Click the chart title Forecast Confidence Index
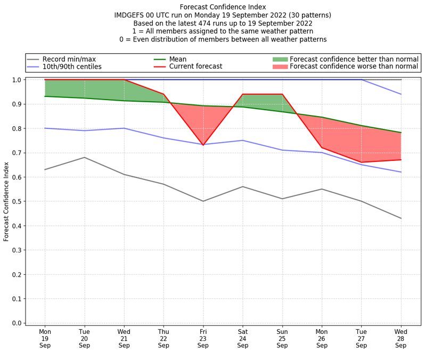tap(223, 7)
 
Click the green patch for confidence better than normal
tap(280, 59)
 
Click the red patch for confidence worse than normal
tap(280, 67)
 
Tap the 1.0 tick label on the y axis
tap(17, 80)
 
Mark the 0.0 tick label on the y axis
tap(17, 323)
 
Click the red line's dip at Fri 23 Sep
tap(203, 145)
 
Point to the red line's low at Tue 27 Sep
tap(362, 162)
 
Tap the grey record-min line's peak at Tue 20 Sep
tap(85, 157)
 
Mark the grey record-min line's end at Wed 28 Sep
tap(401, 218)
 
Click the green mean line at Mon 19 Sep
tap(45, 96)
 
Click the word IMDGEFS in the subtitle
tap(131, 15)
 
